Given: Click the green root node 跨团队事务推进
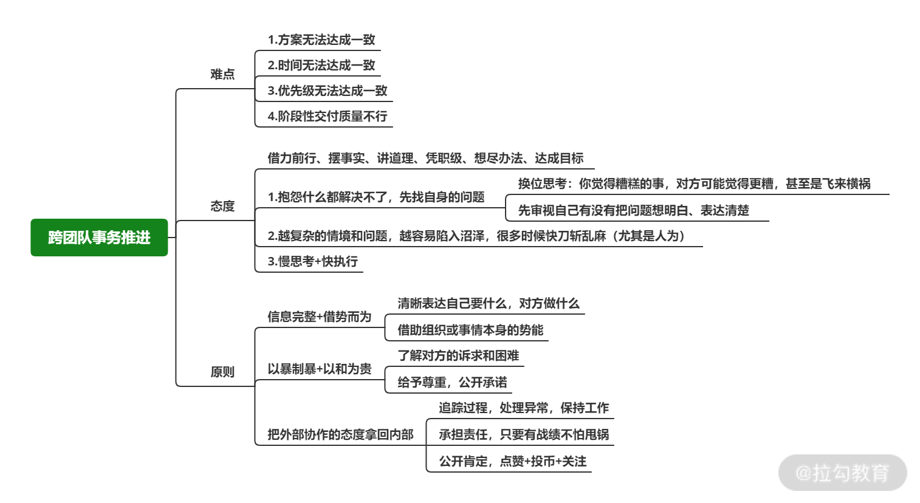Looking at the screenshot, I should click(x=99, y=238).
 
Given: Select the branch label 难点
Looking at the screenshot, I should click(x=222, y=74).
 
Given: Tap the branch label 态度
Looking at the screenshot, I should click(x=222, y=206).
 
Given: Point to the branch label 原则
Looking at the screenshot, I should click(x=222, y=372).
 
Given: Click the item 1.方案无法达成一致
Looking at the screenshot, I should click(x=321, y=40).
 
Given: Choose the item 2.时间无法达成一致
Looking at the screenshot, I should click(x=321, y=66).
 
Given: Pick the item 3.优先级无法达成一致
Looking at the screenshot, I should click(x=328, y=91).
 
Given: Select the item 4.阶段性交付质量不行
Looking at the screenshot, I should click(x=328, y=117).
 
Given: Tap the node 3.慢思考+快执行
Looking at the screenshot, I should click(x=312, y=262).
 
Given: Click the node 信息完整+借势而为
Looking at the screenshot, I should click(x=319, y=317).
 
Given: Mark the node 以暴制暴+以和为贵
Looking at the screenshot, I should click(x=319, y=369).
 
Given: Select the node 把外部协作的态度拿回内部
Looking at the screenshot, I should click(x=340, y=434).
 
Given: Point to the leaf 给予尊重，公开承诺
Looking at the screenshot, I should click(x=452, y=382).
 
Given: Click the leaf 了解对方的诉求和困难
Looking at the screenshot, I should click(x=458, y=355).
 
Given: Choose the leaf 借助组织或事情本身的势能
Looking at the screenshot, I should click(x=470, y=330).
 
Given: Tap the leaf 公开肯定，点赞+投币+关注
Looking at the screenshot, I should click(x=512, y=461).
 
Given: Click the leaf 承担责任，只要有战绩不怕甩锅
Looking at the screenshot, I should click(x=524, y=434).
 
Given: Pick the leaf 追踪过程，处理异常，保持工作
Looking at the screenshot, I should click(x=524, y=408).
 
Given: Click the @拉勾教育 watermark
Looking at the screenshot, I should click(x=842, y=473).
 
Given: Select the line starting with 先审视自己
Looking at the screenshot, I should click(x=633, y=210).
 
